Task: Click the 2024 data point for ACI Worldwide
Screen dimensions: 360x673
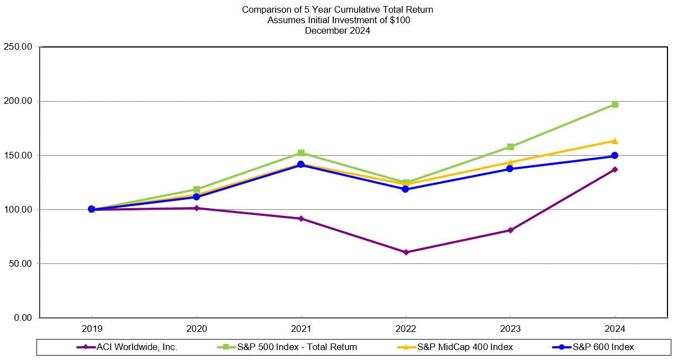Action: click(x=614, y=170)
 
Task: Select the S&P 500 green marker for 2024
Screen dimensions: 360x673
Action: click(x=614, y=104)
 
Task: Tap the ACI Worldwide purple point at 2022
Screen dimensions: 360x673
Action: click(x=406, y=252)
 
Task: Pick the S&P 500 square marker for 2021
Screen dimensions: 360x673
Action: click(x=301, y=153)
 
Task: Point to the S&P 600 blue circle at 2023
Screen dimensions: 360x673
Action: click(x=510, y=168)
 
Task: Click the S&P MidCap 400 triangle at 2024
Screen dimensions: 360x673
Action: click(x=614, y=141)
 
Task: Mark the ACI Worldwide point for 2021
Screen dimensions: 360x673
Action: click(x=301, y=219)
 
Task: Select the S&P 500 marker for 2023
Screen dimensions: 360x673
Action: click(x=510, y=147)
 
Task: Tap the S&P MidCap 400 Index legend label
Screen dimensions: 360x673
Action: click(x=465, y=347)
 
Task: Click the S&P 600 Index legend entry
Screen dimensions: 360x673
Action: click(x=603, y=347)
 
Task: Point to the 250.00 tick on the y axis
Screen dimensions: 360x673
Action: click(x=18, y=47)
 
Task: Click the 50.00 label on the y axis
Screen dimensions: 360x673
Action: click(x=20, y=264)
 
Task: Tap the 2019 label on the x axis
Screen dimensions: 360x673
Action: click(x=92, y=329)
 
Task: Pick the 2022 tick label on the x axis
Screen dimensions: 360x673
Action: click(x=406, y=329)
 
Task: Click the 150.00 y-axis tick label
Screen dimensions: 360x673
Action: click(x=18, y=156)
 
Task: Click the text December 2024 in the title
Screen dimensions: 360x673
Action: click(x=337, y=31)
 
